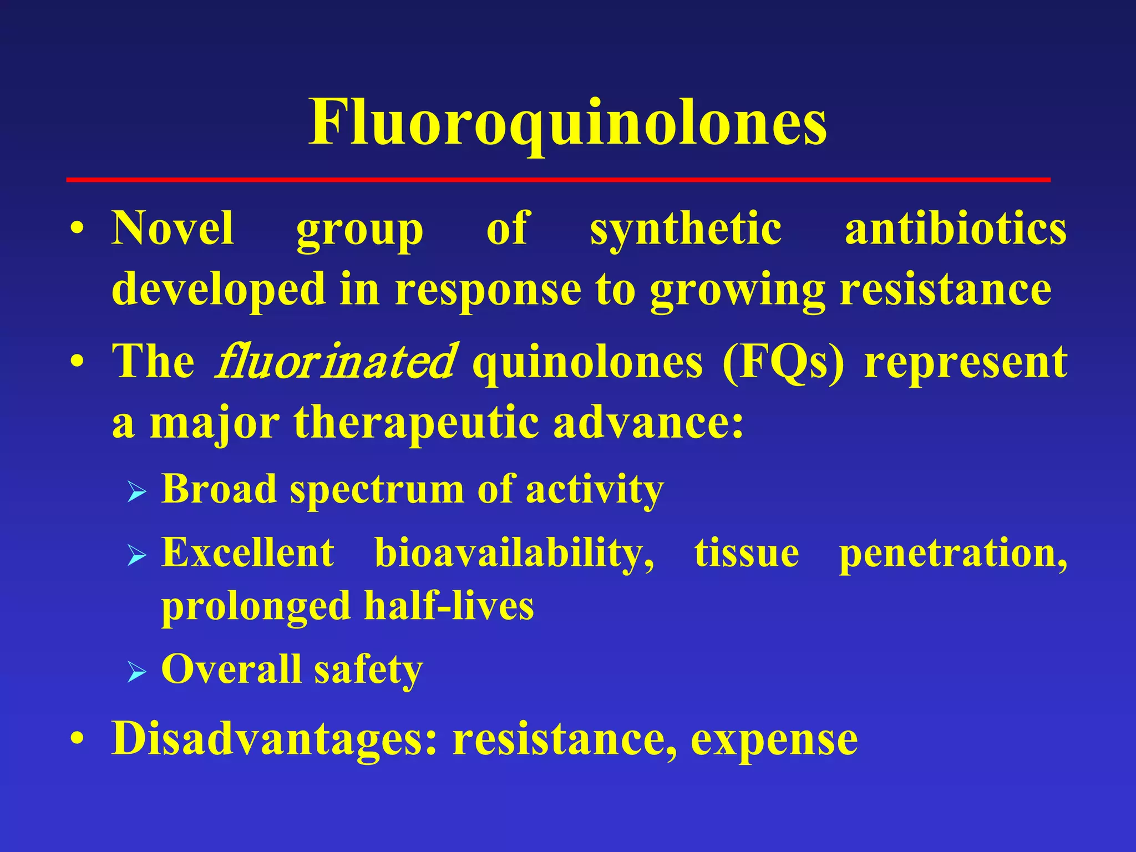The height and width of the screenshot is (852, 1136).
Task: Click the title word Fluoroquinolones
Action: tap(567, 123)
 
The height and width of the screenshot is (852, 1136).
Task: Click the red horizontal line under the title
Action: tap(558, 180)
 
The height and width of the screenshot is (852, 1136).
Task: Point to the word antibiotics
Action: tap(955, 229)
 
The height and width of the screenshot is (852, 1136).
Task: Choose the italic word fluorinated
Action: tap(336, 362)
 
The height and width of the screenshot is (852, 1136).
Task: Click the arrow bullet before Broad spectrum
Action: tap(136, 491)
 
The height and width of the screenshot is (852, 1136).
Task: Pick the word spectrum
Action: tap(377, 490)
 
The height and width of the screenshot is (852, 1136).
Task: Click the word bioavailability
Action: tap(514, 554)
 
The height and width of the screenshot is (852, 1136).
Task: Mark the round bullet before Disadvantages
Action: tap(78, 739)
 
